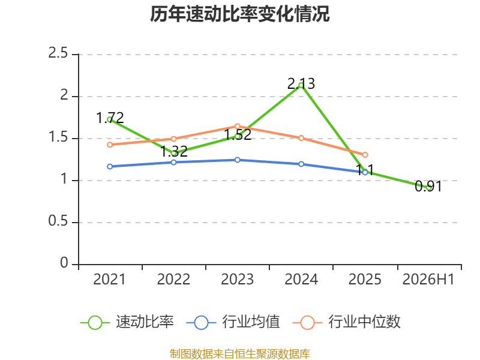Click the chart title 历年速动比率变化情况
(239, 14)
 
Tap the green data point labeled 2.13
(301, 85)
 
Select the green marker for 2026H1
(428, 188)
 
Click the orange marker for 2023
(237, 126)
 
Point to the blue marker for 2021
(110, 167)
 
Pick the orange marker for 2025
(365, 155)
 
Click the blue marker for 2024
(301, 164)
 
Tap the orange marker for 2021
(110, 145)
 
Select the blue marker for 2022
(173, 162)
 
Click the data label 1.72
(110, 118)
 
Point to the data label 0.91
(428, 186)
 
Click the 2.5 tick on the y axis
(58, 53)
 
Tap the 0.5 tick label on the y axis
(58, 221)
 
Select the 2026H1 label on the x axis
(428, 279)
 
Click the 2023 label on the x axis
(237, 279)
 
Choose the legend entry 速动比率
(127, 322)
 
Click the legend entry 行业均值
(233, 322)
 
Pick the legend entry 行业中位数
(347, 322)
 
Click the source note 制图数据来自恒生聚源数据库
(240, 354)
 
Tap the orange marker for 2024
(301, 138)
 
